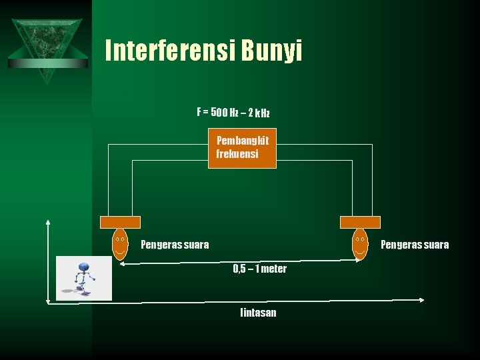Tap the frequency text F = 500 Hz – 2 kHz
[x=233, y=113]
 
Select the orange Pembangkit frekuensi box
[x=242, y=148]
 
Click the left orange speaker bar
[x=120, y=222]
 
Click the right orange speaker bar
[x=360, y=222]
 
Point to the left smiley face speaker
[x=120, y=244]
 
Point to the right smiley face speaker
[x=360, y=244]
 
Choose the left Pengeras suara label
[x=175, y=245]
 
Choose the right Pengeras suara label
[x=415, y=245]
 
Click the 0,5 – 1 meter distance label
[x=260, y=269]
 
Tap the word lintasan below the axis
[x=258, y=313]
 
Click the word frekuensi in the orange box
[x=237, y=154]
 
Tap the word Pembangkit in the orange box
[x=243, y=141]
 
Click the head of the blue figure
[x=83, y=267]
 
